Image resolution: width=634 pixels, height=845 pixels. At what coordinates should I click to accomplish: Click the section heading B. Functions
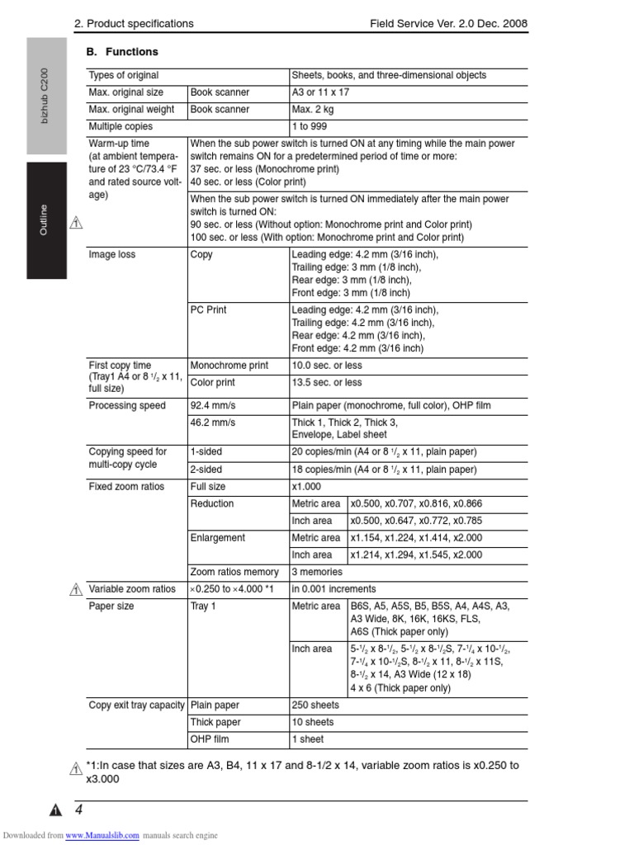(122, 52)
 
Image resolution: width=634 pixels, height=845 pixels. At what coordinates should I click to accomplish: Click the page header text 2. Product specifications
(134, 24)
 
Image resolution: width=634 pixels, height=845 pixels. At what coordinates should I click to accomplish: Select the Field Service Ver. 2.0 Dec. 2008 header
(449, 24)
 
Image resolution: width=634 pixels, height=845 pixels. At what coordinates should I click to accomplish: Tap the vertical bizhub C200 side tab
(46, 96)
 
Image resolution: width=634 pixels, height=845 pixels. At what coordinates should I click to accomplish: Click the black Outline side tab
(46, 220)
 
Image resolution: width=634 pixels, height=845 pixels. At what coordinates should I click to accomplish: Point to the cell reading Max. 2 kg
(313, 110)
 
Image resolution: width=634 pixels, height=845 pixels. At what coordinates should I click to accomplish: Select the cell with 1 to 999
(309, 127)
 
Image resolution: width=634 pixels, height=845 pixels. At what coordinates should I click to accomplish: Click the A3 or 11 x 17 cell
(320, 92)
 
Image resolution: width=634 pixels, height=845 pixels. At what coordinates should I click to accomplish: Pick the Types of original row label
(124, 75)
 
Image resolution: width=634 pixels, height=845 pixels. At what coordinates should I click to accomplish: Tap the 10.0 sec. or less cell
(327, 366)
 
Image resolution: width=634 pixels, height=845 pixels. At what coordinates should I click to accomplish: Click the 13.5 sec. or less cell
(327, 383)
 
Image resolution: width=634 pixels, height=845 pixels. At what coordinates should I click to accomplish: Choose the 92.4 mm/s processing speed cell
(212, 406)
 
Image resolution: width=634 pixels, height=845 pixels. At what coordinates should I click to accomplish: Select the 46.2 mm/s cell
(212, 422)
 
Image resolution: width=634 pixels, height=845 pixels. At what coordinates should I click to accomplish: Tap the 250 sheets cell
(315, 706)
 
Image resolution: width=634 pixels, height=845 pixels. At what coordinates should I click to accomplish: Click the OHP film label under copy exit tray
(210, 739)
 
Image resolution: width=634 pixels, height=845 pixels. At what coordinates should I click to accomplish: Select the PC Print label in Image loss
(208, 310)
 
